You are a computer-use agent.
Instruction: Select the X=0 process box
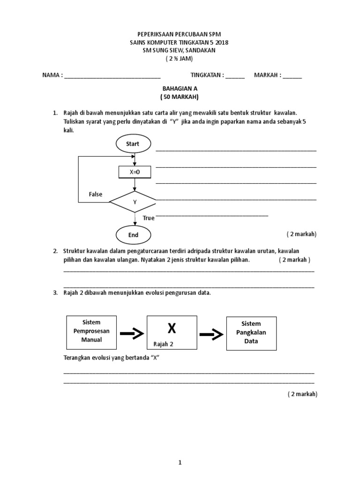pyautogui.click(x=135, y=172)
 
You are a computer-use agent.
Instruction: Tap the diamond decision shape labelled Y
pyautogui.click(x=135, y=202)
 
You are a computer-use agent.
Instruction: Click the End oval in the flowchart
pyautogui.click(x=133, y=234)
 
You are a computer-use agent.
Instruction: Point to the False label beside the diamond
pyautogui.click(x=96, y=194)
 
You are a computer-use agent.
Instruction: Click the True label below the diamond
pyautogui.click(x=149, y=218)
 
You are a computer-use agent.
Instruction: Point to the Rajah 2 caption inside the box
pyautogui.click(x=163, y=344)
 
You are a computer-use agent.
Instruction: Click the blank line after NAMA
pyautogui.click(x=112, y=75)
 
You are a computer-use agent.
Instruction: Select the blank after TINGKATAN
pyautogui.click(x=235, y=75)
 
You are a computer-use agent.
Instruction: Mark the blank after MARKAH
pyautogui.click(x=292, y=75)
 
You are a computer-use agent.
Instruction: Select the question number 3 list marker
pyautogui.click(x=55, y=292)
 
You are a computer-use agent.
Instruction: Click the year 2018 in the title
pyautogui.click(x=221, y=42)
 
